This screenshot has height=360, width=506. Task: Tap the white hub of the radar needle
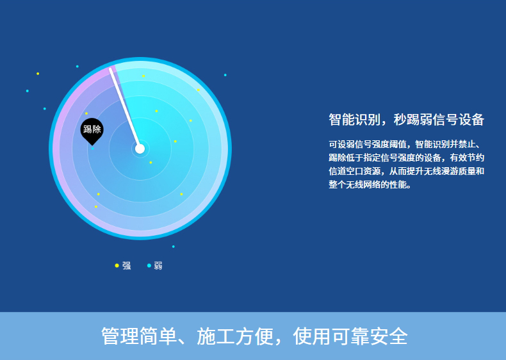pos(140,149)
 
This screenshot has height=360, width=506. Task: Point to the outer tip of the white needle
pos(110,69)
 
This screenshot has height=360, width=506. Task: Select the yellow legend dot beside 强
pos(117,265)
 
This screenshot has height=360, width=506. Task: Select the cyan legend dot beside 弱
pos(149,265)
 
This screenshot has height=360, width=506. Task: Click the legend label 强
pos(127,266)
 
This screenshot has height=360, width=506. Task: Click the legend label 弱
pos(158,266)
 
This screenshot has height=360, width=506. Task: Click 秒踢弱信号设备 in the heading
pos(439,119)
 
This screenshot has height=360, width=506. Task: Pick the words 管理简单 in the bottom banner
pos(139,336)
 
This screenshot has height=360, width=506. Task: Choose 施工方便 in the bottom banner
pos(235,336)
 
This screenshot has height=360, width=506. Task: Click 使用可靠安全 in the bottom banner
pos(350,336)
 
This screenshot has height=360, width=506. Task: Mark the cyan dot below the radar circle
pos(174,247)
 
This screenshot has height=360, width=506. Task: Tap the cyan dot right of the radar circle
pos(225,75)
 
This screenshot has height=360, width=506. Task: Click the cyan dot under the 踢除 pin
pos(93,149)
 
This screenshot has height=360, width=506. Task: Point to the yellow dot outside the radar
pos(38,74)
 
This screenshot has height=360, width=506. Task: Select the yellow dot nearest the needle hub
pos(151,163)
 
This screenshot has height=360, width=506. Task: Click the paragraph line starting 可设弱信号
pos(406,144)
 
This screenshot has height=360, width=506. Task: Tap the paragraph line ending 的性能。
pos(370,184)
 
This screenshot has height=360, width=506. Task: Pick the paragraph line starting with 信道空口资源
pos(406,171)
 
